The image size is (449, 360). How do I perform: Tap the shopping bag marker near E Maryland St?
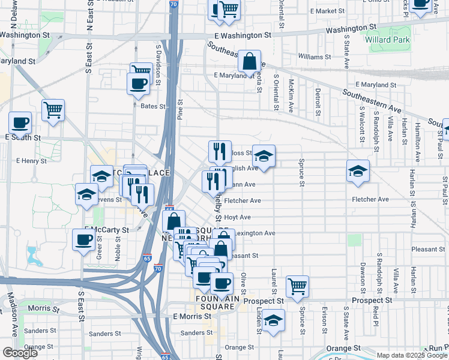(x=249, y=62)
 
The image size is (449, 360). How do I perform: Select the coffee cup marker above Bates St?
(x=137, y=84)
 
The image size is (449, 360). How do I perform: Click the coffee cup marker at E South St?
(x=20, y=123)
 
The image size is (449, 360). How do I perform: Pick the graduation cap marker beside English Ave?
(x=264, y=157)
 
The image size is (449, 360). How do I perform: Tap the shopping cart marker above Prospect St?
(x=297, y=287)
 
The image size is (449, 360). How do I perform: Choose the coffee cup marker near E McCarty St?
(x=83, y=240)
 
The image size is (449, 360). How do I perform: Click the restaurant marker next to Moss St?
(x=219, y=152)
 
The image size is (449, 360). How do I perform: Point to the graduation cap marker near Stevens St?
(x=87, y=195)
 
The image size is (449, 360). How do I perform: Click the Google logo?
(x=20, y=353)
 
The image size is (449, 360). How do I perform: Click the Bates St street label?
(x=152, y=106)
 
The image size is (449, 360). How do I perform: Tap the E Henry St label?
(x=31, y=161)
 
